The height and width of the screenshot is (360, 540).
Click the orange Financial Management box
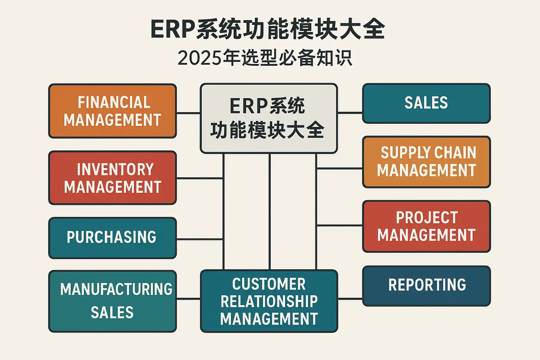112,111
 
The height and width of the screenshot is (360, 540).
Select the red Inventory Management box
112,178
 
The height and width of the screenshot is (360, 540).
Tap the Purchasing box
112,238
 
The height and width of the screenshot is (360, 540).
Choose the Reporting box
426,286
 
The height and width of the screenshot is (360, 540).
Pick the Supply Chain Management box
426,162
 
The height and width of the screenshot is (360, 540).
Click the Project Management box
426,226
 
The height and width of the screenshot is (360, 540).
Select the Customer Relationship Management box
269,301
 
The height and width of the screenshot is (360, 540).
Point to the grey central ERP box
269,118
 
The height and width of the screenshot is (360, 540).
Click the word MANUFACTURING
116,289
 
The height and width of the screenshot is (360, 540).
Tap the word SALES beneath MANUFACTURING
112,313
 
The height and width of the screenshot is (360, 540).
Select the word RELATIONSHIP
269,301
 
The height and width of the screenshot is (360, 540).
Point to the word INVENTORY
115,169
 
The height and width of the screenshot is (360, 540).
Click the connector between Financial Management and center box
188,113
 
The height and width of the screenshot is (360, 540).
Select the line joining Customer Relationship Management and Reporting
350,299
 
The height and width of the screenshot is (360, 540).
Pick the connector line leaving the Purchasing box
199,239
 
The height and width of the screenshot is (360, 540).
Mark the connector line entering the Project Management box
339,225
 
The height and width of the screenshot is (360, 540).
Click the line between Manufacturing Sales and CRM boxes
188,299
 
